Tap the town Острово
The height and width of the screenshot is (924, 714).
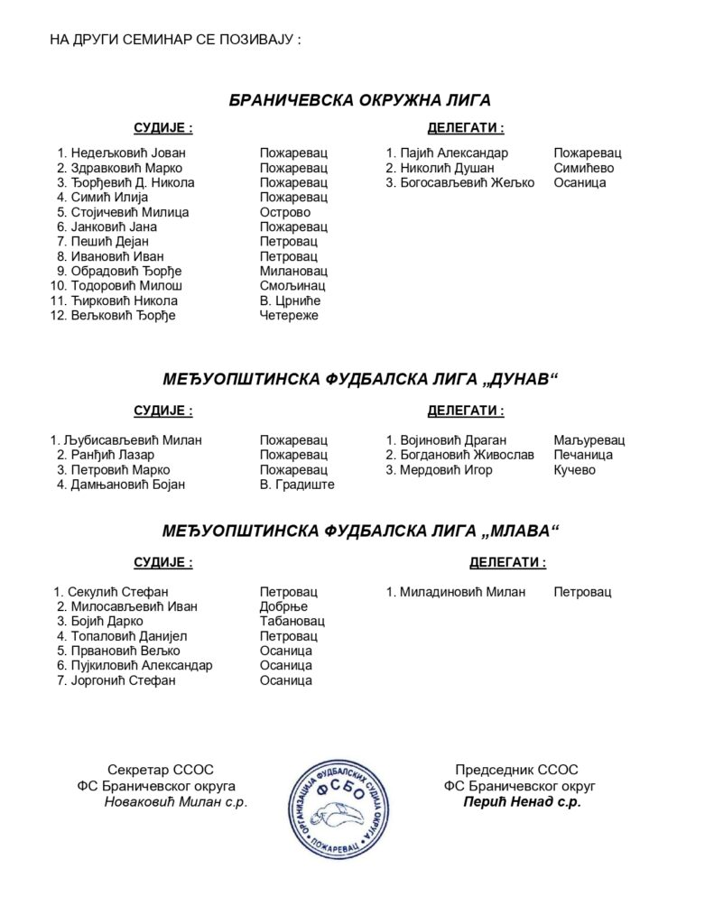click(284, 212)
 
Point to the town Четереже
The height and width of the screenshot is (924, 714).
click(289, 315)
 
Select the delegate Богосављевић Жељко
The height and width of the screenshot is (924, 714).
click(467, 182)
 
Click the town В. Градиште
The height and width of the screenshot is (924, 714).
click(297, 485)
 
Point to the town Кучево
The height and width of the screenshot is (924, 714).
click(575, 470)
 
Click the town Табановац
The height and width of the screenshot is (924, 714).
click(292, 622)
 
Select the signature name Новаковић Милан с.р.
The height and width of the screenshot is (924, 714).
click(175, 801)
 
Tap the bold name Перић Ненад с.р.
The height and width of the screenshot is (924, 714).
click(522, 801)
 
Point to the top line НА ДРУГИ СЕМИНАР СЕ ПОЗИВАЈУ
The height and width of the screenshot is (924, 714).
click(175, 42)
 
